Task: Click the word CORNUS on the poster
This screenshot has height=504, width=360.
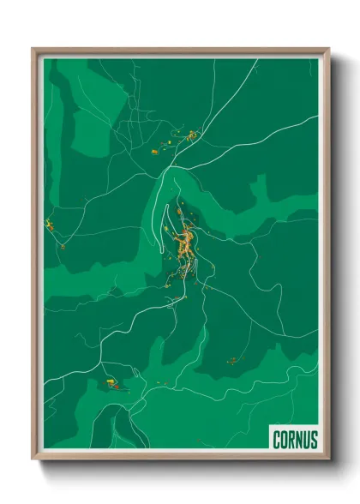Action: (295, 440)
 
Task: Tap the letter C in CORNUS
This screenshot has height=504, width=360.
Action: (277, 440)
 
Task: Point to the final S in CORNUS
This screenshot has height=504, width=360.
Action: (314, 440)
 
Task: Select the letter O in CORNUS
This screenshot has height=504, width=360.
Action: (284, 440)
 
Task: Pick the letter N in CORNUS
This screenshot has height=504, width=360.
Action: (299, 440)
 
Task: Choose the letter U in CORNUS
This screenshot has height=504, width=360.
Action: (307, 440)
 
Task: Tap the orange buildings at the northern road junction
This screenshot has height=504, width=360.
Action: (191, 134)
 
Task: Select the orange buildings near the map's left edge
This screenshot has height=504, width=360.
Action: (51, 225)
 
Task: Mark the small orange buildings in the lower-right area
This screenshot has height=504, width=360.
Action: (231, 361)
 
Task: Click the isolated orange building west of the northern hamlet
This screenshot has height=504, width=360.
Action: (155, 152)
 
